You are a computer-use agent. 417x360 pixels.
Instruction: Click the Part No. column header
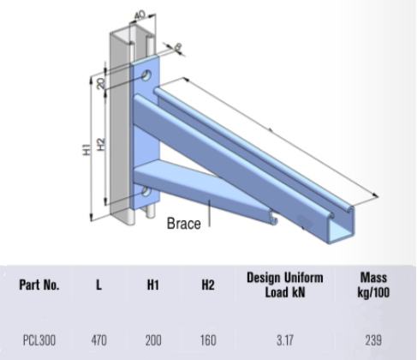point(41,285)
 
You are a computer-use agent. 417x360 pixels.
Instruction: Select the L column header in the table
point(98,285)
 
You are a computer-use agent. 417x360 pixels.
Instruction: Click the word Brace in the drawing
point(183,225)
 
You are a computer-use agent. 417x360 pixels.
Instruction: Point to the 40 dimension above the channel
point(139,15)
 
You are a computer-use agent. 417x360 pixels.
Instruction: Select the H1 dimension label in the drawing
point(86,149)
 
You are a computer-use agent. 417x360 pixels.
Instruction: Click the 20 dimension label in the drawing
point(102,83)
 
